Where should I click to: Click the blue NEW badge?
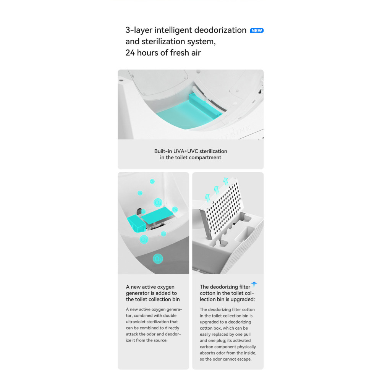coord(257,31)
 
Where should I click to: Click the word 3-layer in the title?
coord(139,30)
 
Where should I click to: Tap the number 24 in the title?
coord(130,53)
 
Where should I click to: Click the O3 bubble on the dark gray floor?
coord(158,259)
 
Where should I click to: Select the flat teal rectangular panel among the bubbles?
coord(157,215)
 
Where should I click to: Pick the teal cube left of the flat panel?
coord(136,223)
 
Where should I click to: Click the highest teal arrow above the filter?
coord(226,181)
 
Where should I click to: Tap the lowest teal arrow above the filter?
coord(207,197)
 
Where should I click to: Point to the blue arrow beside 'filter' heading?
coord(254,284)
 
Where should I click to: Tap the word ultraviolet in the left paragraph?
coord(136,322)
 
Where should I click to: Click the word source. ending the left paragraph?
coord(160,340)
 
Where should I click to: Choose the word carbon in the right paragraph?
coord(207,347)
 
